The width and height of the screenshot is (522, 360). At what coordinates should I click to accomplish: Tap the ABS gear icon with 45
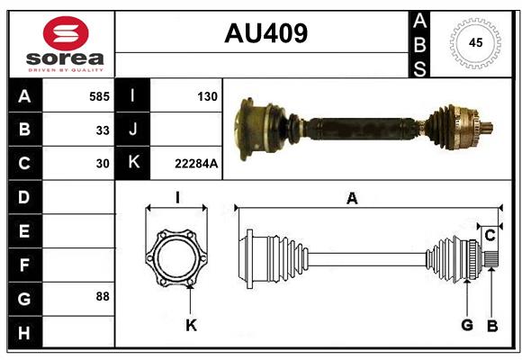click(x=474, y=43)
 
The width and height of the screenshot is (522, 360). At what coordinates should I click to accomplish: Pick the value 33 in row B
click(x=103, y=130)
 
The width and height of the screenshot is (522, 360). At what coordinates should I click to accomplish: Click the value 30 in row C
click(x=103, y=164)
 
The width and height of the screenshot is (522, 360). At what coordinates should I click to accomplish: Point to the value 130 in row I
click(x=207, y=95)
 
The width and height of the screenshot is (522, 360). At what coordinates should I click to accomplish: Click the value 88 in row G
click(x=103, y=296)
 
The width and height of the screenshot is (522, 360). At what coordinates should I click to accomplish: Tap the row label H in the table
click(x=23, y=332)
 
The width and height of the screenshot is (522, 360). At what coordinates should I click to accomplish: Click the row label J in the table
click(x=133, y=130)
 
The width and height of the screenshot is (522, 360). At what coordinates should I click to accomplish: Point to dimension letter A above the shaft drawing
click(x=352, y=200)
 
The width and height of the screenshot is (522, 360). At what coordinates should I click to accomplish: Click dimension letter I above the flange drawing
click(x=177, y=198)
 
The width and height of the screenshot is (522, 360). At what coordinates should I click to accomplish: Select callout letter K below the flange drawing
click(x=191, y=325)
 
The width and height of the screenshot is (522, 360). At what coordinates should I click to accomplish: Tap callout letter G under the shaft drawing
click(x=467, y=325)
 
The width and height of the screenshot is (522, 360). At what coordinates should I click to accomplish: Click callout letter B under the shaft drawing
click(x=492, y=325)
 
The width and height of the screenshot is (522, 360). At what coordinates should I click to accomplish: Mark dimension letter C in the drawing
click(x=490, y=235)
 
